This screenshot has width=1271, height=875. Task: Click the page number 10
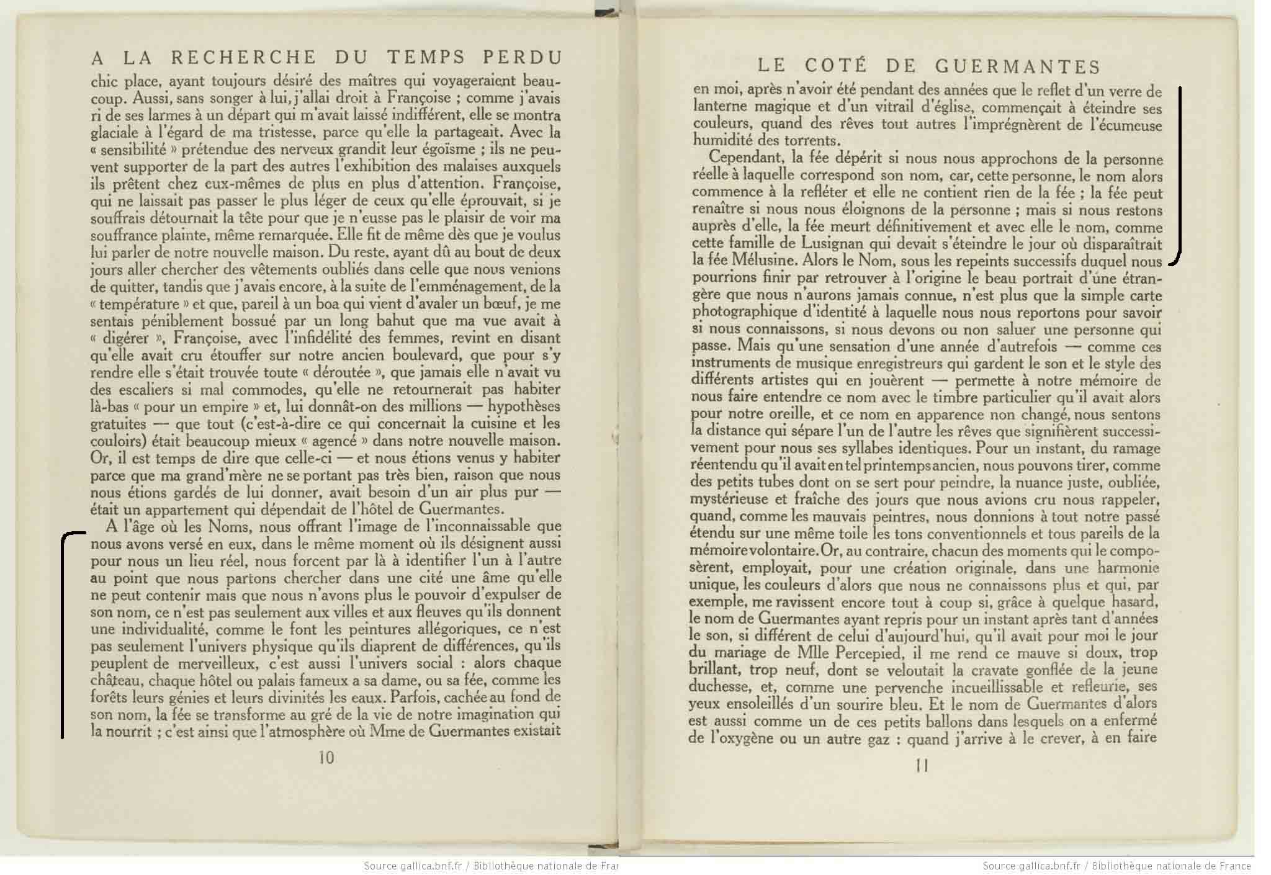coord(326,758)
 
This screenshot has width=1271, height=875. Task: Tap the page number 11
coord(922,766)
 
